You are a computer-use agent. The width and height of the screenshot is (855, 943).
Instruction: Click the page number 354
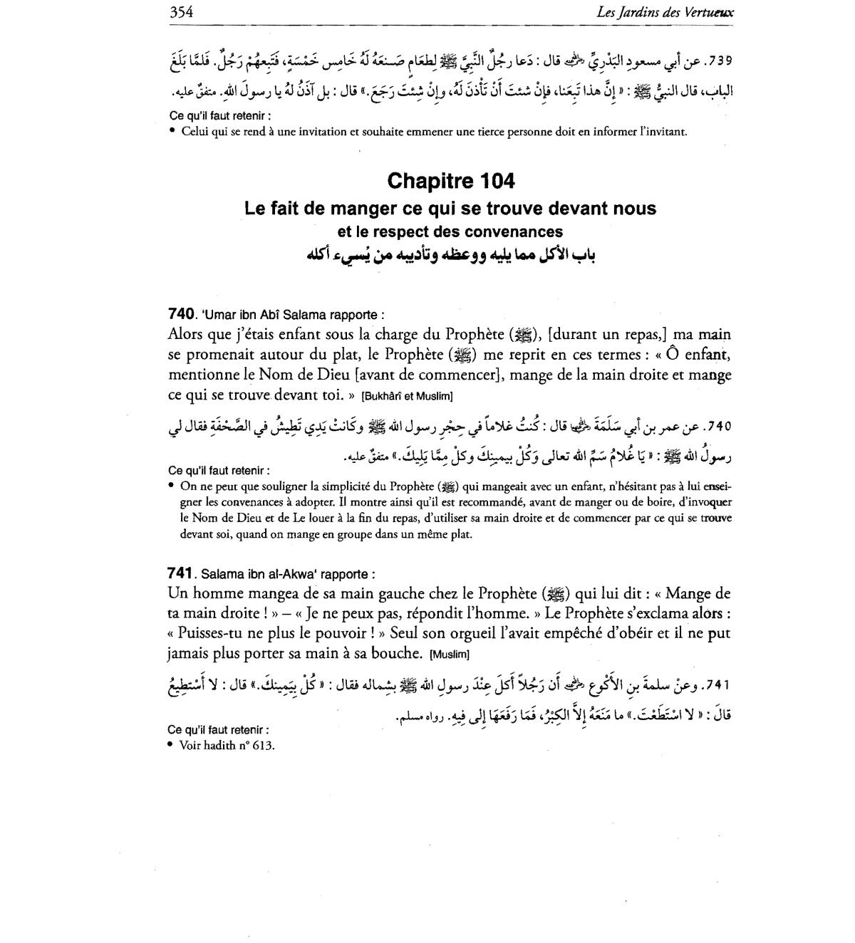[x=182, y=12]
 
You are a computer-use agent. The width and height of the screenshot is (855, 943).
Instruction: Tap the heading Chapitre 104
[x=450, y=181]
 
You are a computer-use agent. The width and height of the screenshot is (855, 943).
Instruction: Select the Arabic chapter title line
[x=450, y=255]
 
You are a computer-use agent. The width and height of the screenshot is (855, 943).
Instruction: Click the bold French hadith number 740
[x=181, y=314]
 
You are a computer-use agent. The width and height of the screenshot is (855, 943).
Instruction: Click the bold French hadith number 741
[x=180, y=573]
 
